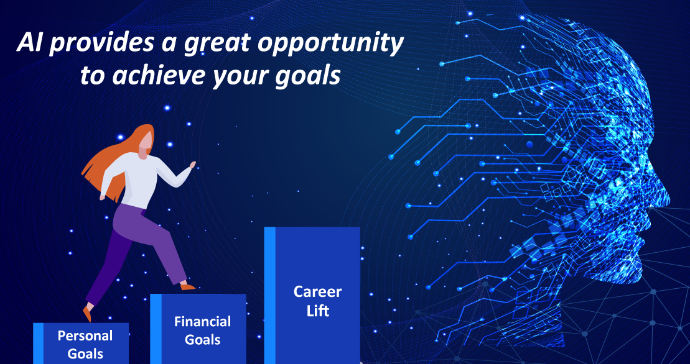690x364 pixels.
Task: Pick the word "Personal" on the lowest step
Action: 85,336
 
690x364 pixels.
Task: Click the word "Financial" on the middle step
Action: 202,321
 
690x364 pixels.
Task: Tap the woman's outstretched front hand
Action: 192,165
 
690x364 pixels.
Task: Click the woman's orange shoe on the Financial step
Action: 187,287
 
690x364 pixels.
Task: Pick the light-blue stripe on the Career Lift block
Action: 270,295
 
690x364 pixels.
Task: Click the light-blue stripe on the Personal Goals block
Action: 39,344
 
